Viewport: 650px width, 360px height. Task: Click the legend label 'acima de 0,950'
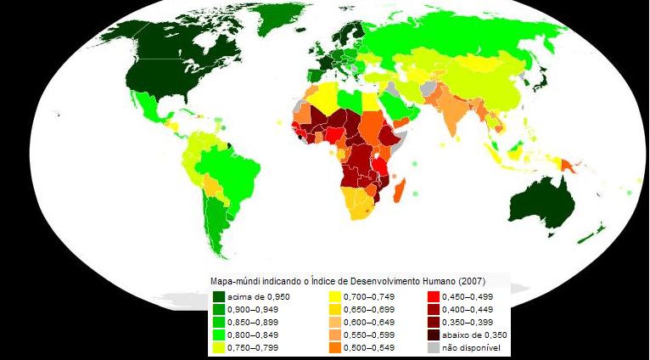click(x=255, y=296)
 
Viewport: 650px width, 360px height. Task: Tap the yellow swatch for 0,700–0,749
click(x=334, y=296)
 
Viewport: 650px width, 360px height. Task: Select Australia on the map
click(x=543, y=200)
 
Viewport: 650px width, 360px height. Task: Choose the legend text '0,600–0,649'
click(x=367, y=322)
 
